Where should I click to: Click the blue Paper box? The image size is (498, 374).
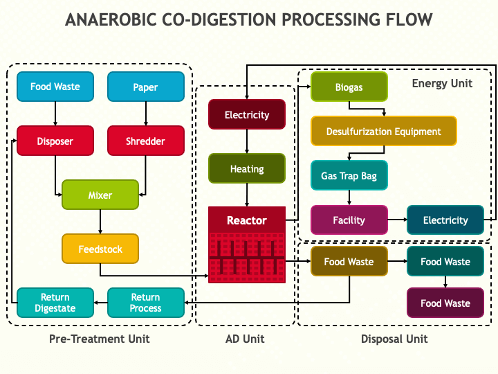(146, 87)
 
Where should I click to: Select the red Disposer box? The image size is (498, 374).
(55, 141)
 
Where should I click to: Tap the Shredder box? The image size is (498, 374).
(146, 141)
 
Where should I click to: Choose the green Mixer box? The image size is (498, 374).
(100, 195)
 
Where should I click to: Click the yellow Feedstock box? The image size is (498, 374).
(100, 249)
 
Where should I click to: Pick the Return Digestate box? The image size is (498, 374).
(55, 303)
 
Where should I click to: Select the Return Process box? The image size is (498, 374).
(146, 303)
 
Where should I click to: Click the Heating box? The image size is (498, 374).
(247, 168)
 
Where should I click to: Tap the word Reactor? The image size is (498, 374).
(247, 220)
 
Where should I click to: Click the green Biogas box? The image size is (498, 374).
(349, 87)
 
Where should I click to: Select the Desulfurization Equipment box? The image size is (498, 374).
(384, 131)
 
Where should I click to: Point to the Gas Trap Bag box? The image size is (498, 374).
(349, 175)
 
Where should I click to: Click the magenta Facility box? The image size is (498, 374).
(349, 220)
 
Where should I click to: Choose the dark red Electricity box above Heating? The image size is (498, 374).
(247, 114)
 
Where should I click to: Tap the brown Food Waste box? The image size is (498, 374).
(349, 261)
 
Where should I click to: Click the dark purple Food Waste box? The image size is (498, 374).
(445, 303)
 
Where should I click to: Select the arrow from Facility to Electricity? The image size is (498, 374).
(397, 220)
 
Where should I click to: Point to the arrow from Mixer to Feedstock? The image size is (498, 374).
(100, 222)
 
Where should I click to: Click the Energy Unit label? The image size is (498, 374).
(442, 83)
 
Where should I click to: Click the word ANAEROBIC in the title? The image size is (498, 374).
(111, 19)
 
